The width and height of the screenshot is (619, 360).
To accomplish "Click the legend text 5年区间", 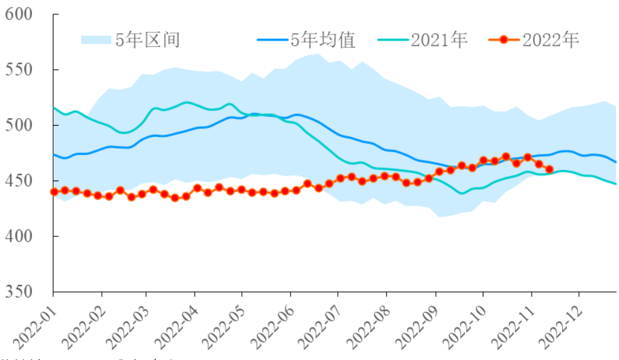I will click(x=148, y=41).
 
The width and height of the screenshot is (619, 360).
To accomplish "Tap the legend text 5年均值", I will click(x=322, y=41).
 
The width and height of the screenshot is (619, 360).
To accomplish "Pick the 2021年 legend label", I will click(x=439, y=41).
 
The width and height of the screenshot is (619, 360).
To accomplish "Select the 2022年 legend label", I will click(x=551, y=41).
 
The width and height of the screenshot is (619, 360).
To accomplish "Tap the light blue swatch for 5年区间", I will click(x=96, y=41).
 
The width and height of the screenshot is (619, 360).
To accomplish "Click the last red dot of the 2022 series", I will click(x=550, y=169).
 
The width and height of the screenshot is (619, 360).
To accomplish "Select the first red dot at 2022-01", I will click(x=54, y=192).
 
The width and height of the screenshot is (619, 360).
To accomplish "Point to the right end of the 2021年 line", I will click(x=616, y=184).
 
